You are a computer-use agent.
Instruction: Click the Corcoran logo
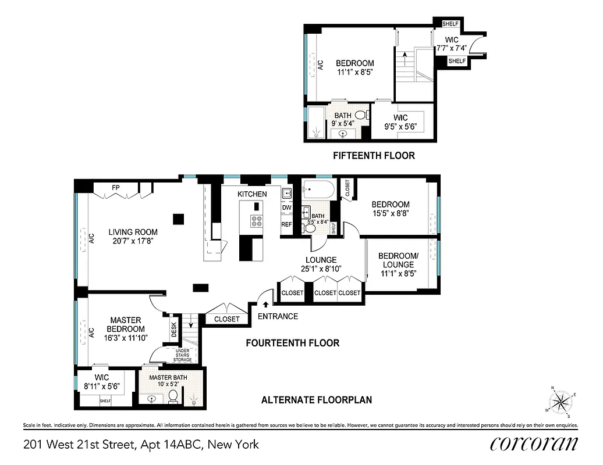tap(534, 443)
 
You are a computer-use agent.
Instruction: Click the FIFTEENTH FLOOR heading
tap(374, 156)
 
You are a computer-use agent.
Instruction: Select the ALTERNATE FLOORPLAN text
tap(316, 400)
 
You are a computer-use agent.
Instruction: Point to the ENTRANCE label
tap(278, 316)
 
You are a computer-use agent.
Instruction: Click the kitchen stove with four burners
tap(257, 221)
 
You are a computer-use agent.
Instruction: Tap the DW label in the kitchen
tap(286, 208)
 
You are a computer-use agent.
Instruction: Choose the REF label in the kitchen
tap(286, 224)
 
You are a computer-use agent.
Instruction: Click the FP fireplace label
tap(116, 188)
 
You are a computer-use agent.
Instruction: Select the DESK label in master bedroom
tap(173, 331)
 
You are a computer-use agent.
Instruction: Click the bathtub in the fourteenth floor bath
tap(318, 190)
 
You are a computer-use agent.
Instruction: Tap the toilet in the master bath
tap(173, 397)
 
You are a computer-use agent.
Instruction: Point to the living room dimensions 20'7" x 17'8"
tap(134, 241)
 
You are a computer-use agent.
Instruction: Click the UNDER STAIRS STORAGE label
tap(182, 356)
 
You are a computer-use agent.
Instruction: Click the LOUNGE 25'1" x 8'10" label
tap(321, 264)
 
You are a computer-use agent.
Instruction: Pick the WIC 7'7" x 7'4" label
tap(452, 44)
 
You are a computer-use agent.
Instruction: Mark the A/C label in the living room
tap(91, 238)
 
